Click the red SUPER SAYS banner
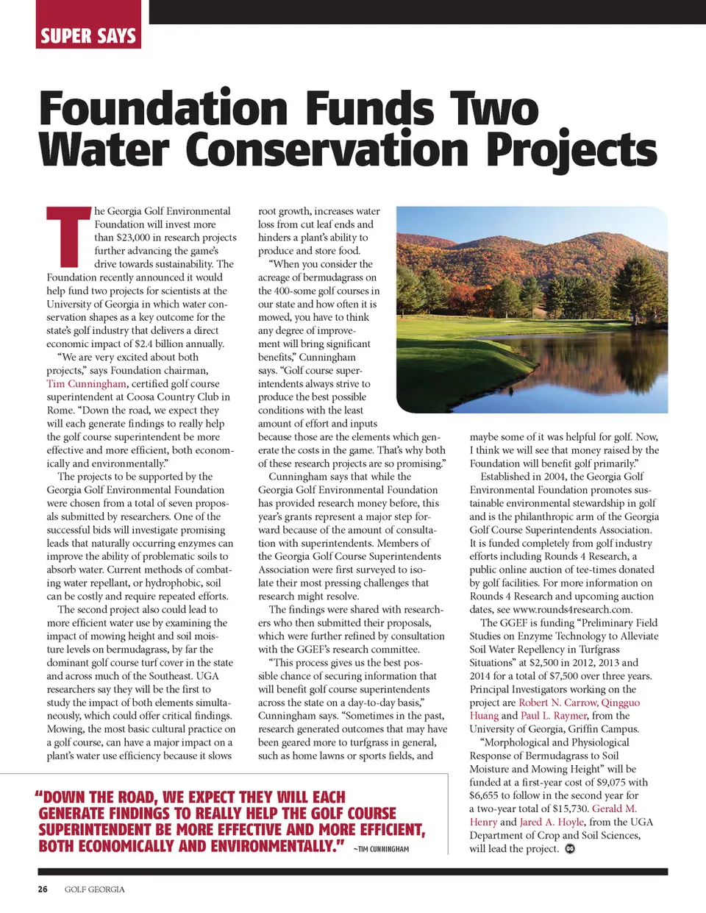tap(88, 35)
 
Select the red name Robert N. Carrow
tap(558, 703)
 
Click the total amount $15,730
tap(564, 809)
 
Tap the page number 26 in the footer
tap(43, 889)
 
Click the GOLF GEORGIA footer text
tap(94, 889)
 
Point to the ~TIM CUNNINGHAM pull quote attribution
tap(381, 849)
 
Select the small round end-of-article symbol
tap(570, 849)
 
